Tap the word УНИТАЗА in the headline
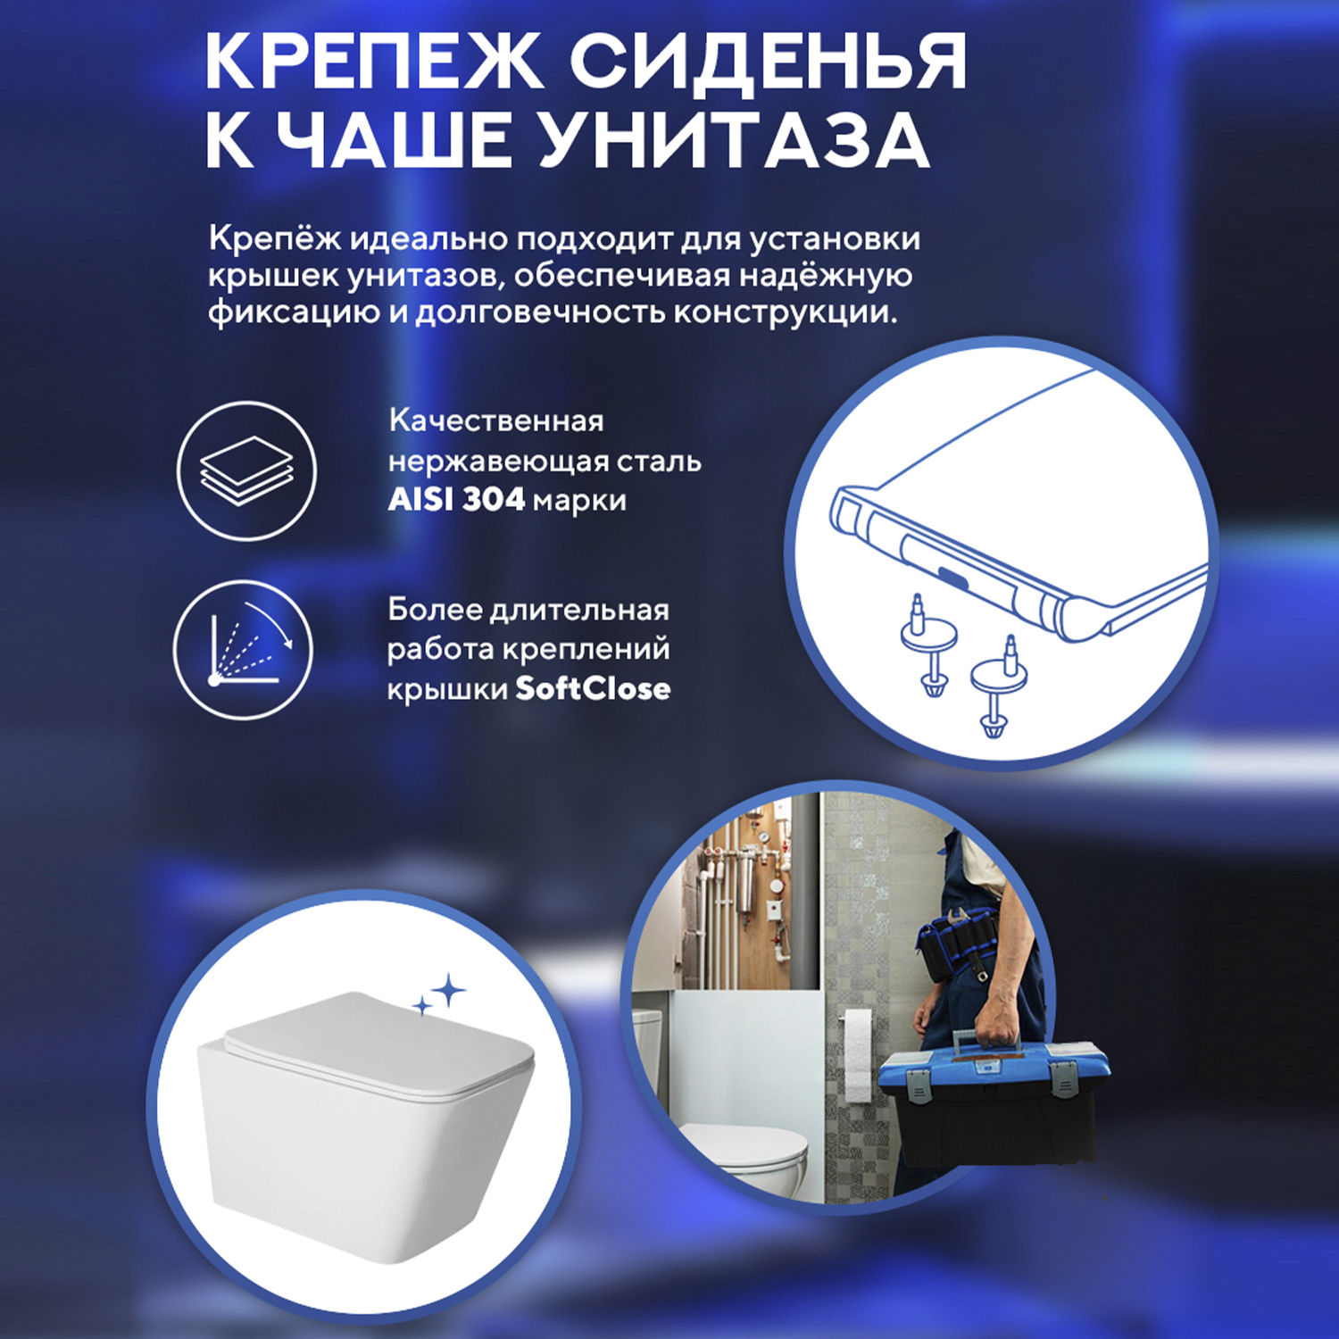(x=734, y=141)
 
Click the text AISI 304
(x=456, y=499)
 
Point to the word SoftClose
(x=593, y=688)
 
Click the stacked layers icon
(x=246, y=470)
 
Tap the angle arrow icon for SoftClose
(x=243, y=649)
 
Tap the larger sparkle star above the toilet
(x=449, y=991)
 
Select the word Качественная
(x=496, y=420)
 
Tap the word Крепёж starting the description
(x=274, y=239)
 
